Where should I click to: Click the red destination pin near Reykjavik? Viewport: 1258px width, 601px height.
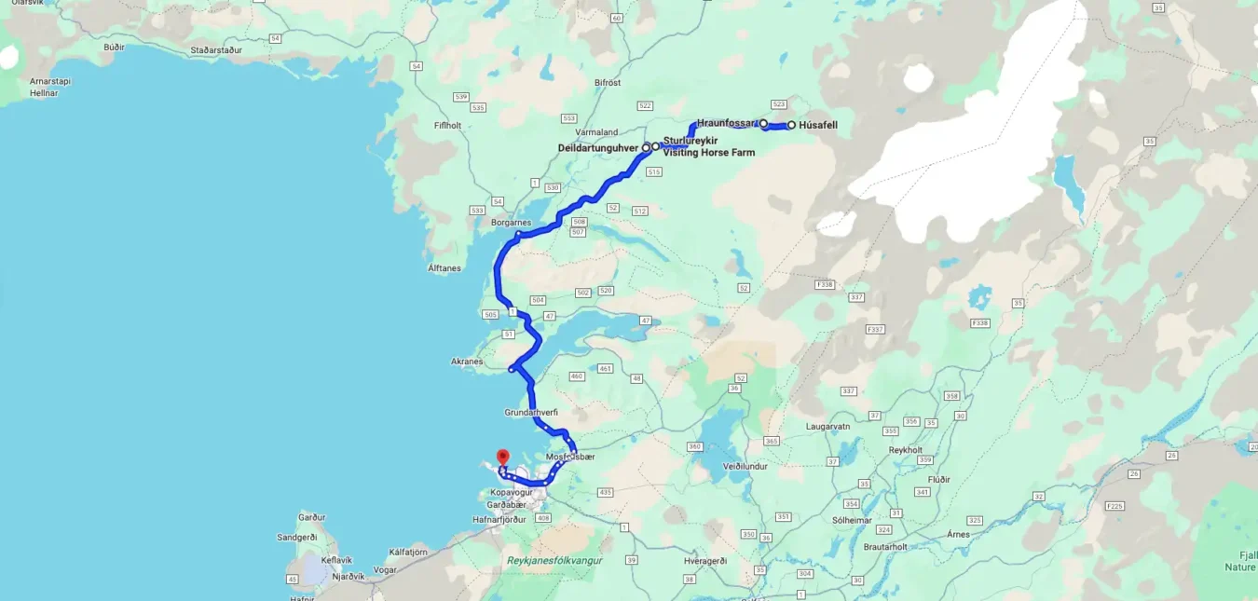[502, 458]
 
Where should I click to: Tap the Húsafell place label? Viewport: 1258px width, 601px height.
[818, 125]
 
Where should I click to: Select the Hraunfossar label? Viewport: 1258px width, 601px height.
[726, 123]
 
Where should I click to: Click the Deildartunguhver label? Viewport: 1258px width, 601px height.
[597, 147]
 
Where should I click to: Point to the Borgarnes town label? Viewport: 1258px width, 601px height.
[511, 223]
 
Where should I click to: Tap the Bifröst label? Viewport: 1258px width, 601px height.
[608, 83]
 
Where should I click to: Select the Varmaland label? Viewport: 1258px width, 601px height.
[597, 132]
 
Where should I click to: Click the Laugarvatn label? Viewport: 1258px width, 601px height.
[828, 426]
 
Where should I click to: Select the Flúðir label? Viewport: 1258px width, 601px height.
[939, 479]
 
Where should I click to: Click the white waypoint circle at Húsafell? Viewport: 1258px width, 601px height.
[791, 125]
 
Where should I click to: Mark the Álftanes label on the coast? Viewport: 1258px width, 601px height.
[444, 268]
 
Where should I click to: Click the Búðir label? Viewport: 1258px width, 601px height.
[115, 47]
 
